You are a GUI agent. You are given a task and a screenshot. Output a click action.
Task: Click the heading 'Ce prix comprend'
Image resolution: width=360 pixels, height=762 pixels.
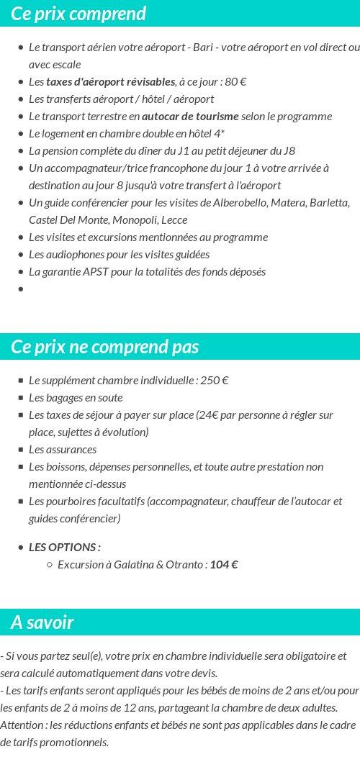[x=78, y=14]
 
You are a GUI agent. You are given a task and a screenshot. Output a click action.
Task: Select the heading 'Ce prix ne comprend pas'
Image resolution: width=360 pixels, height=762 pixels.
[x=104, y=347]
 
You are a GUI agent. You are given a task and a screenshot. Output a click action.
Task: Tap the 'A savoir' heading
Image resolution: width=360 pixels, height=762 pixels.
[x=42, y=622]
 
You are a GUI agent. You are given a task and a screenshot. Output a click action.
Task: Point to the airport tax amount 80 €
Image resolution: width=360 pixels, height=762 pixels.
[x=235, y=81]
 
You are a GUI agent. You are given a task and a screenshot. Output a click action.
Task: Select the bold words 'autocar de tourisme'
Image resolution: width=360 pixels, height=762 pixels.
[x=190, y=116]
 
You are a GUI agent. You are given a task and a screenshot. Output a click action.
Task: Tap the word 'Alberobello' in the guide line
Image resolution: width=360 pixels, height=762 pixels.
[x=243, y=202]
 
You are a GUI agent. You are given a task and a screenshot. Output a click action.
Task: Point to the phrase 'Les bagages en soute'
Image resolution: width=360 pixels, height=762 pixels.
[x=76, y=398]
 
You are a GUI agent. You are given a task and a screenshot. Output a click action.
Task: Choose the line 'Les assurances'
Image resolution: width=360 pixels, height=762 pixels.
[x=63, y=450]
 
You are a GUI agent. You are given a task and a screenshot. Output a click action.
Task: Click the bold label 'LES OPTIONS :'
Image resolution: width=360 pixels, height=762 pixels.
[x=64, y=548]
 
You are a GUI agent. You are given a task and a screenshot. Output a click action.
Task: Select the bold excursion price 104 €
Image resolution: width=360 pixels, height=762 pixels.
[x=224, y=565]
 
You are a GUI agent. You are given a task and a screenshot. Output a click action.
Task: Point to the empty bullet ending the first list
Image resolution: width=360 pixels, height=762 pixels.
[x=21, y=289]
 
